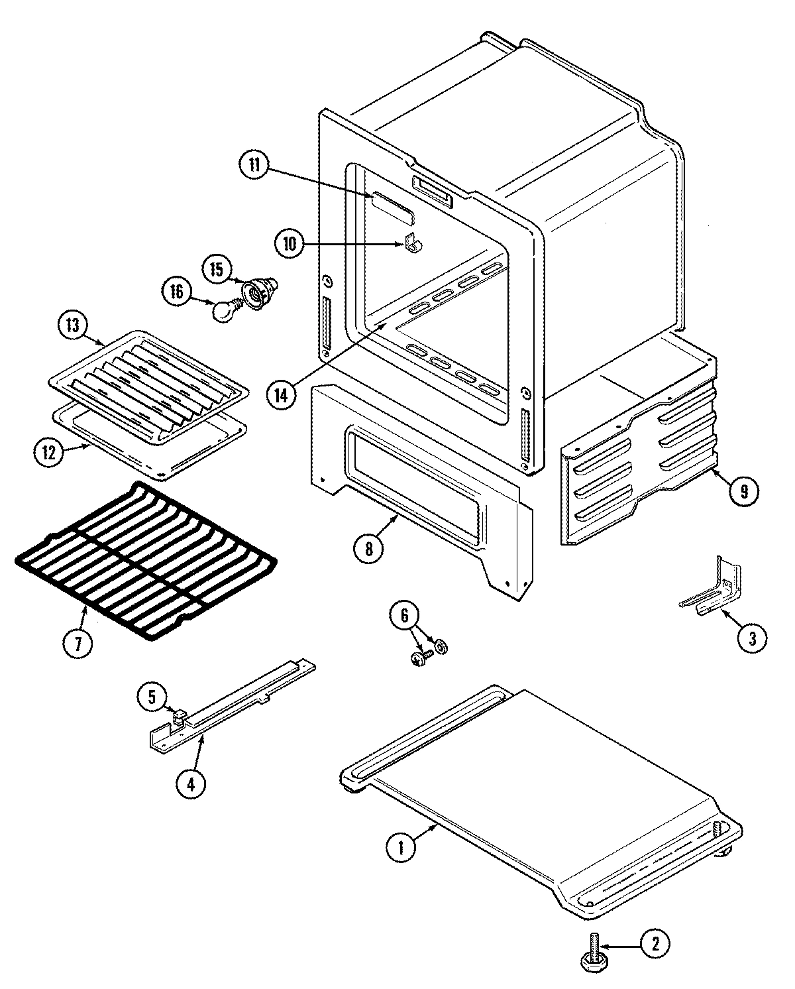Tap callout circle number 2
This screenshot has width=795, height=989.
pyautogui.click(x=655, y=944)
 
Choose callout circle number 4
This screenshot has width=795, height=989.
pyautogui.click(x=191, y=784)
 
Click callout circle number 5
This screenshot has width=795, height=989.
pyautogui.click(x=152, y=697)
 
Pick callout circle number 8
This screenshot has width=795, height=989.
pyautogui.click(x=368, y=548)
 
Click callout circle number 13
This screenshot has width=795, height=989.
pyautogui.click(x=72, y=325)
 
